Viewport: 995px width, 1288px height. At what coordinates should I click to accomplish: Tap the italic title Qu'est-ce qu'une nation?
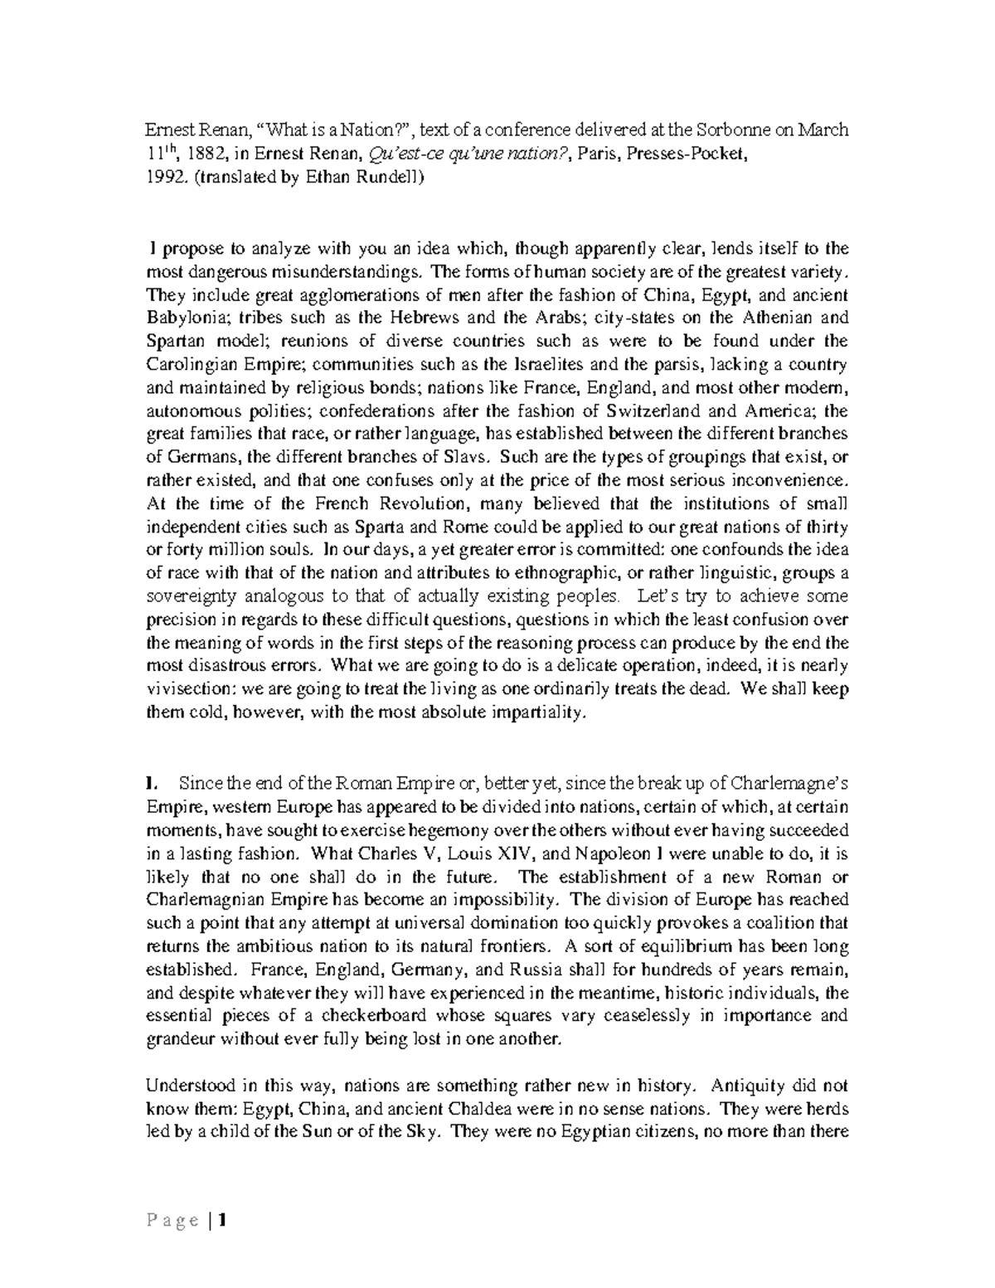point(418,153)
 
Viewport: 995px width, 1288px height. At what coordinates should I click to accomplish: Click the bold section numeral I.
point(149,783)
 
